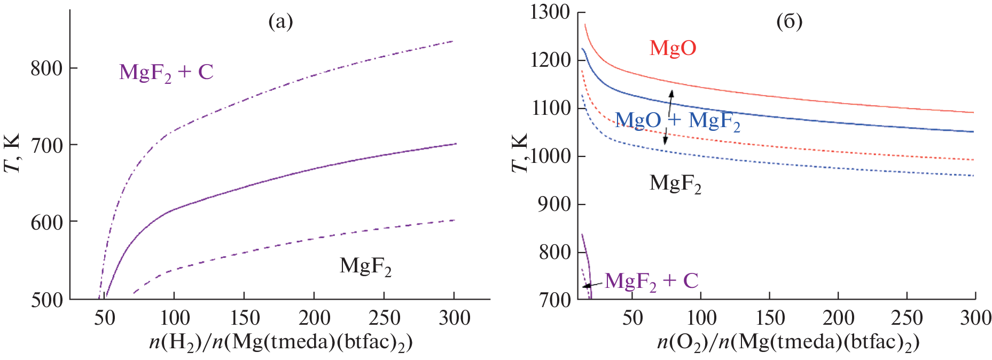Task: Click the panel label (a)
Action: [280, 22]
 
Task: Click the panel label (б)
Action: [789, 22]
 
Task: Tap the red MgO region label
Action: [673, 48]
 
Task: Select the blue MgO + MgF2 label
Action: [677, 121]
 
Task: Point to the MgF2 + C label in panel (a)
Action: [166, 72]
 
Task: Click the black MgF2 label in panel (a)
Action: [365, 266]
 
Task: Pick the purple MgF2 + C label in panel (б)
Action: [651, 281]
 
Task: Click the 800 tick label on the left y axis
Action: [46, 68]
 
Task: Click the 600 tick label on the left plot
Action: [46, 222]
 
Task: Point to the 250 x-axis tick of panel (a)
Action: [385, 318]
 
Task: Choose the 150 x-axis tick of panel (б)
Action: [770, 318]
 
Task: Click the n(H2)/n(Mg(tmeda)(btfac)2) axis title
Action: [280, 342]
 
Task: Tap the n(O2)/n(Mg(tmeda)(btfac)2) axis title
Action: [788, 342]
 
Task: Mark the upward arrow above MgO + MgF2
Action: [671, 101]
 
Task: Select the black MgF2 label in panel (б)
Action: [675, 184]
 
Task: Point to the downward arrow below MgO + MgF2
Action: [666, 137]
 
